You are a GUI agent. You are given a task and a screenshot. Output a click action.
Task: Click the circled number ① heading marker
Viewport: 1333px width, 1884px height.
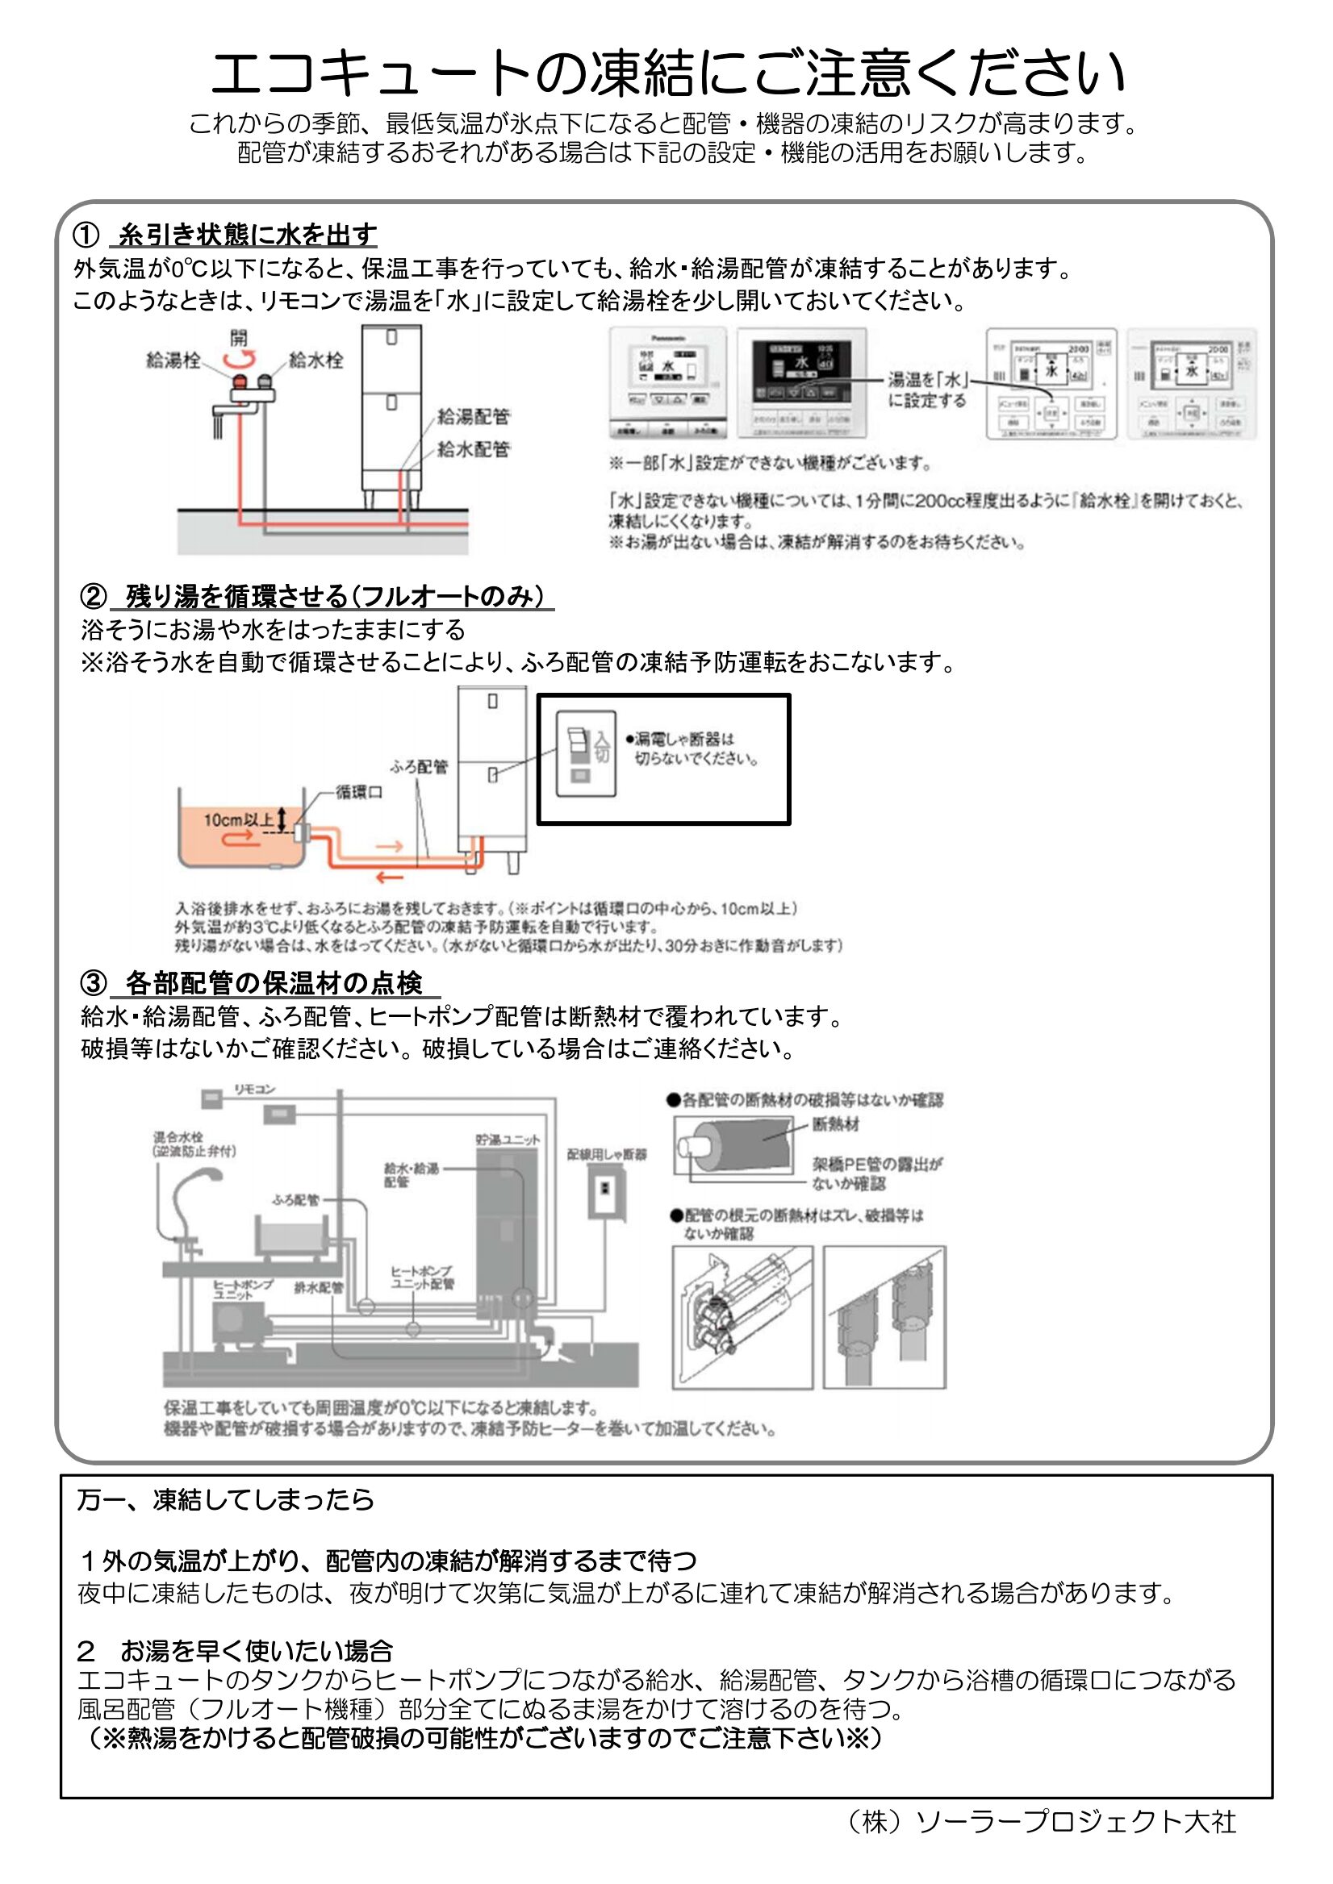pyautogui.click(x=86, y=235)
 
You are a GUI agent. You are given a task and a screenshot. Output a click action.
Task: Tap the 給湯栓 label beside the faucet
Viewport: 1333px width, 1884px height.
pyautogui.click(x=173, y=361)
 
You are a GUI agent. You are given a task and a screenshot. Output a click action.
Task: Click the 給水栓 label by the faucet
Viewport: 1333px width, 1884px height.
pyautogui.click(x=316, y=361)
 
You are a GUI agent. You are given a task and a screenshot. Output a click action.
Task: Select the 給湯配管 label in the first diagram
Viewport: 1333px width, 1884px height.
pyautogui.click(x=473, y=417)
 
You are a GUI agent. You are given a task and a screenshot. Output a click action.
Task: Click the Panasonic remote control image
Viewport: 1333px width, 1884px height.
pyautogui.click(x=667, y=383)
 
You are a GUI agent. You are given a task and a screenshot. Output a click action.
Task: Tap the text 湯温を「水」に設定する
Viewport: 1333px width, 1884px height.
pyautogui.click(x=927, y=390)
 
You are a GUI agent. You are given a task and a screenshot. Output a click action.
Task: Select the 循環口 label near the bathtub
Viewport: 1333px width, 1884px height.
pyautogui.click(x=359, y=793)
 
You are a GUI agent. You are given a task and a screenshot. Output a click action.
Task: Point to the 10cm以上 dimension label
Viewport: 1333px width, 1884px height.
pyautogui.click(x=238, y=819)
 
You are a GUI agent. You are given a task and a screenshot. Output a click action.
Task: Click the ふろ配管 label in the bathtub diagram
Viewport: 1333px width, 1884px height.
pyautogui.click(x=419, y=766)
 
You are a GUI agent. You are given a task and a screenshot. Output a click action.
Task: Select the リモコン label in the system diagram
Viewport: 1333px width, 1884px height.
pyautogui.click(x=254, y=1089)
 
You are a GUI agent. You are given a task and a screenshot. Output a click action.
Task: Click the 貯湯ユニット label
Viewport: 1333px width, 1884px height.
pyautogui.click(x=508, y=1140)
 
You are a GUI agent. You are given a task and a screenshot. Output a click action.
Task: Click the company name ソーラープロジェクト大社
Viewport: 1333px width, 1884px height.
pyautogui.click(x=1075, y=1822)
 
